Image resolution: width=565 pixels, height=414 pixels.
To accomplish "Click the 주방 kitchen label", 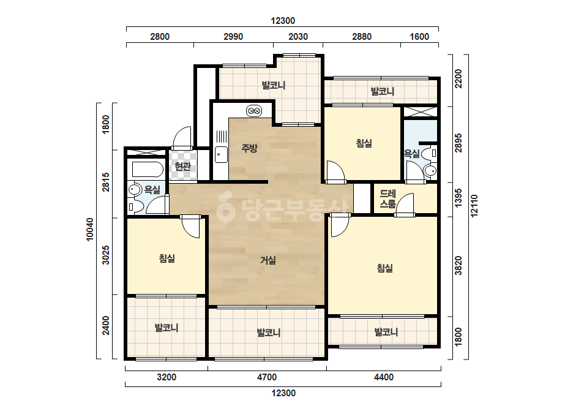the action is (249, 148).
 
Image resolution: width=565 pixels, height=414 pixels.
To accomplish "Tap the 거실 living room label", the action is (268, 260).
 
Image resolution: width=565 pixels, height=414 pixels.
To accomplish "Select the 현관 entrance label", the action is (182, 166).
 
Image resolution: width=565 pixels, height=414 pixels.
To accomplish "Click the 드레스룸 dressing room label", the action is (387, 198).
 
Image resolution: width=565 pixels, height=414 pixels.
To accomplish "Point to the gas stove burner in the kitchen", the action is (253, 111).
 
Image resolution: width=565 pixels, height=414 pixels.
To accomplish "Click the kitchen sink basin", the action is (221, 155).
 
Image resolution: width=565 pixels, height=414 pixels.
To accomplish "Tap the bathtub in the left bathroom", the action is (148, 170).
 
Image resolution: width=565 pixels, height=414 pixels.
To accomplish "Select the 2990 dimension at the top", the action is (233, 36).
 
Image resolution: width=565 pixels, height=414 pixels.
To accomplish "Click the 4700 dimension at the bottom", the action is (267, 377).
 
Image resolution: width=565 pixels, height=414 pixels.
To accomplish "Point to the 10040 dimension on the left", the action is (90, 230).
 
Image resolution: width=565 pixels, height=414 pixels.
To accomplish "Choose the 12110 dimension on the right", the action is (474, 206).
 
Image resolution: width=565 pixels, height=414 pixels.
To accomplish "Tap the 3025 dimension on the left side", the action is (105, 255).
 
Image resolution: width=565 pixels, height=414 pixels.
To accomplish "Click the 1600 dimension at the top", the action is (419, 36).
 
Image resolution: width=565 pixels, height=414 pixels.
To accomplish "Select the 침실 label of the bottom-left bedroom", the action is (167, 258).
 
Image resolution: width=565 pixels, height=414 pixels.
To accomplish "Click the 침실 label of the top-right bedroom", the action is (364, 143).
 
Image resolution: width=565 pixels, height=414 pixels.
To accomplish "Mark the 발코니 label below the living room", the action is (269, 333).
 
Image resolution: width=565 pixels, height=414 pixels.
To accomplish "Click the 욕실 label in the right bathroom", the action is (412, 154).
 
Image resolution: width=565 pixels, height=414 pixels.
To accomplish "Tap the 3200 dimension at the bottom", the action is (167, 377).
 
